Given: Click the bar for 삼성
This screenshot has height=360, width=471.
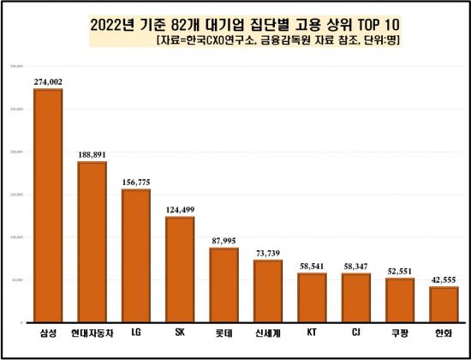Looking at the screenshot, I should [48, 206].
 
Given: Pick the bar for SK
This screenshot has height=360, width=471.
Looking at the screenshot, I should [180, 269].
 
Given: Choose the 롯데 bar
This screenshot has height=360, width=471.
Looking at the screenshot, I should [224, 285].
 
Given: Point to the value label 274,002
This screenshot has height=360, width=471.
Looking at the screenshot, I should [48, 81].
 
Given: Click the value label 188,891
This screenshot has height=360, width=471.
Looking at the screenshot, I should [92, 154].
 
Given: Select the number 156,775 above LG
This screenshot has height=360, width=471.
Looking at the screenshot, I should [135, 182].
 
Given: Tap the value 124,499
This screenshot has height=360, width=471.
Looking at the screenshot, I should [180, 209].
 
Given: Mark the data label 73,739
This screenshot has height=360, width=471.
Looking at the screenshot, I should [268, 253].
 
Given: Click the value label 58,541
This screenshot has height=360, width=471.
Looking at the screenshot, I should [312, 266].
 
